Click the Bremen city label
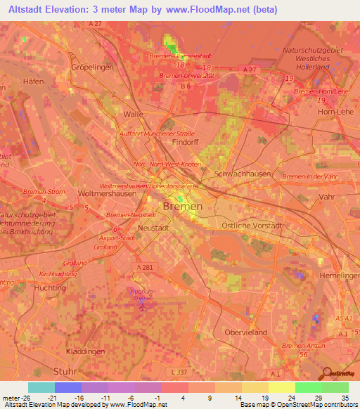[x=182, y=207]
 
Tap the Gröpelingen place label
[x=92, y=67]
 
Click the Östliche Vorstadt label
[x=262, y=226]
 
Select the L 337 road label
[x=181, y=372]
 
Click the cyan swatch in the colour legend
[x=41, y=387]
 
